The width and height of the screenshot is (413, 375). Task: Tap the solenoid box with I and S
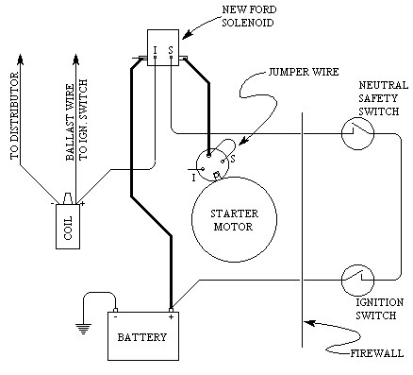[161, 47]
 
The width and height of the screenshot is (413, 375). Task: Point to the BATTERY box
[142, 336]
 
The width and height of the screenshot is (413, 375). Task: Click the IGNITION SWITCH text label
[374, 308]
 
